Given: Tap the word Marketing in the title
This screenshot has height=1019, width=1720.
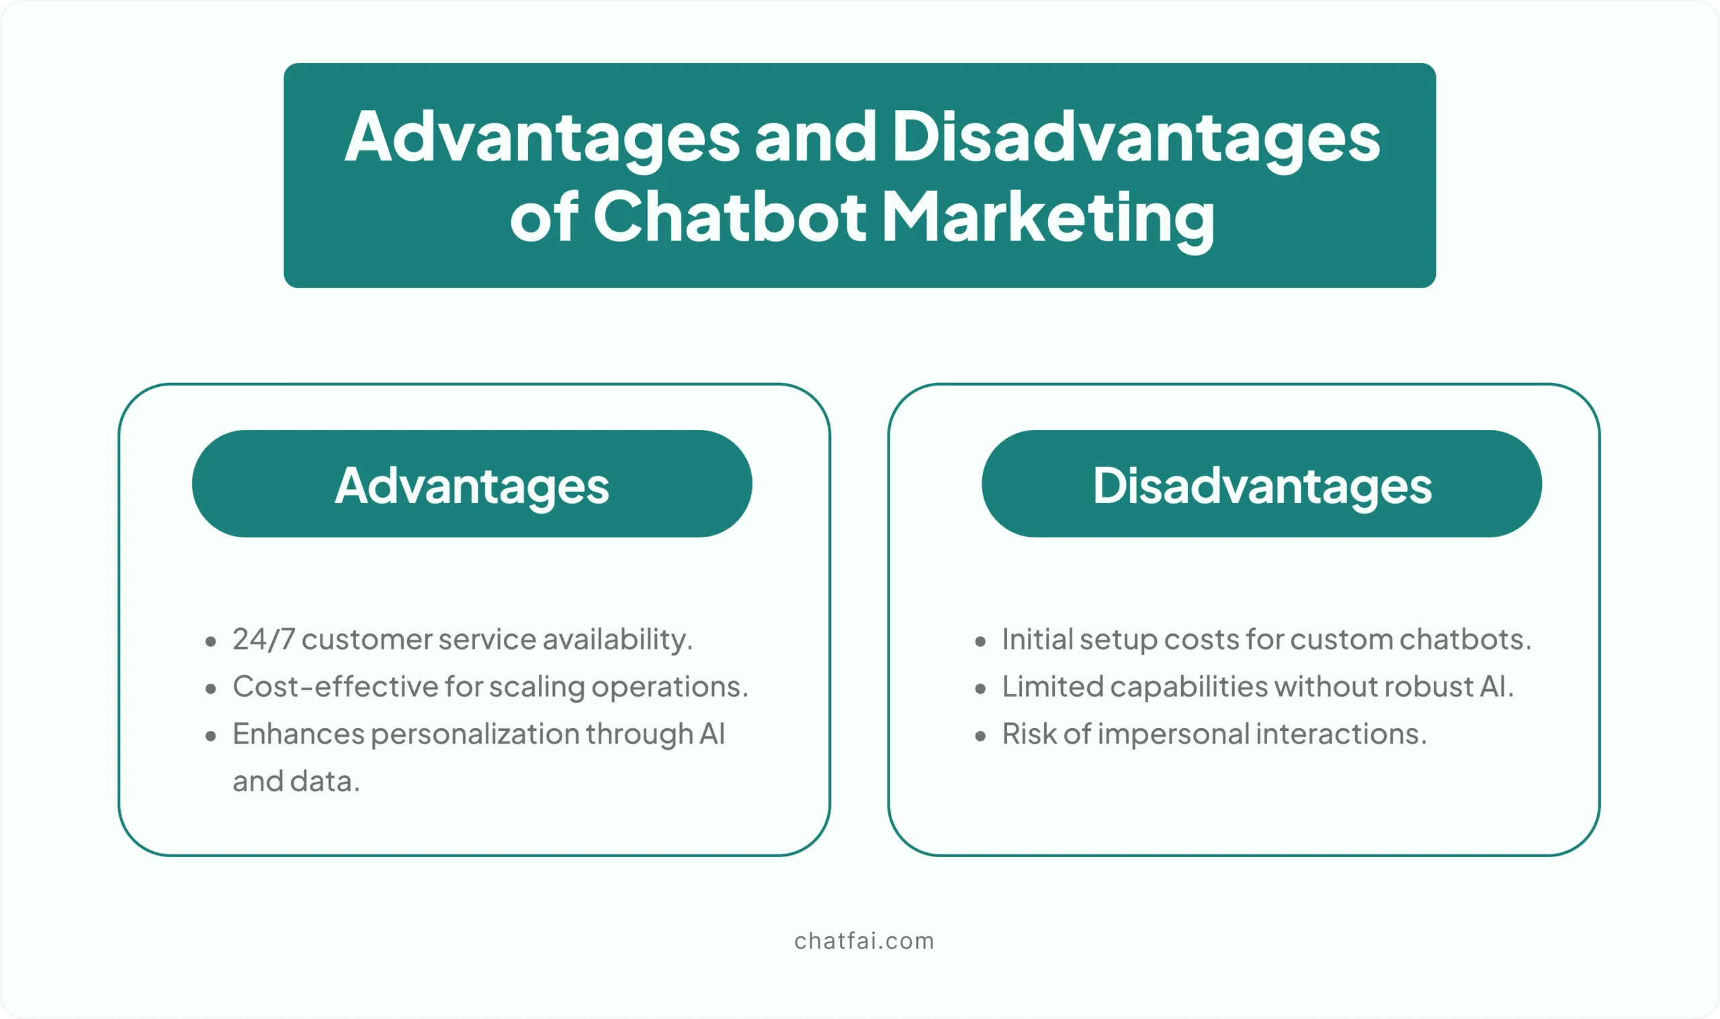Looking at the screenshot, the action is pos(1049,220).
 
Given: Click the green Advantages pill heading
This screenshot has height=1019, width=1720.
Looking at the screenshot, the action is pos(472,484).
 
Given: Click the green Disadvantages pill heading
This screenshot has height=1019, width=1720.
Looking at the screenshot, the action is pos(1262,484).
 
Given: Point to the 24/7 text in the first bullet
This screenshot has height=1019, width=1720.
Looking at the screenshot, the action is pos(263,639).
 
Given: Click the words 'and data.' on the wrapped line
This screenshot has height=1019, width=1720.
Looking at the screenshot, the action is pos(296,781).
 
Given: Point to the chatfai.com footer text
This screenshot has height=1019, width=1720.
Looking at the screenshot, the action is pos(865,940).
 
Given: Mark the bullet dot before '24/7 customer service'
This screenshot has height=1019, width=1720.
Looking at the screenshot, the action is pos(211,642).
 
